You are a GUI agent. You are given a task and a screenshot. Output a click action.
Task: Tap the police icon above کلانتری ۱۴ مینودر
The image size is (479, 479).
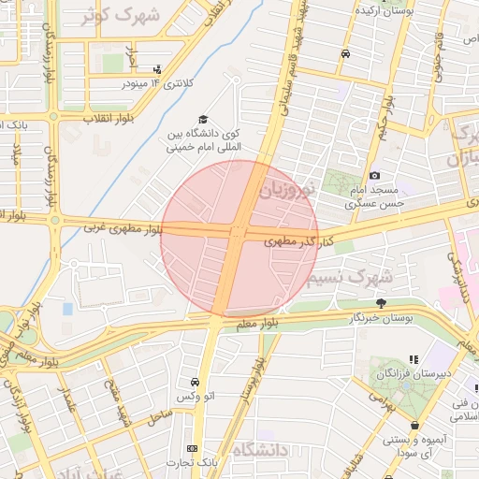156,68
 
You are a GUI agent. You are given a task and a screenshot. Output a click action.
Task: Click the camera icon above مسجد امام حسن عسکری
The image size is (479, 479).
374,175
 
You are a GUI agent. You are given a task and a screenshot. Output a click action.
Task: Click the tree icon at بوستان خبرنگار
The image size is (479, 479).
380,302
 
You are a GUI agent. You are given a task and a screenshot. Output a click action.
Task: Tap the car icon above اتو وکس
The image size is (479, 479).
194,383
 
